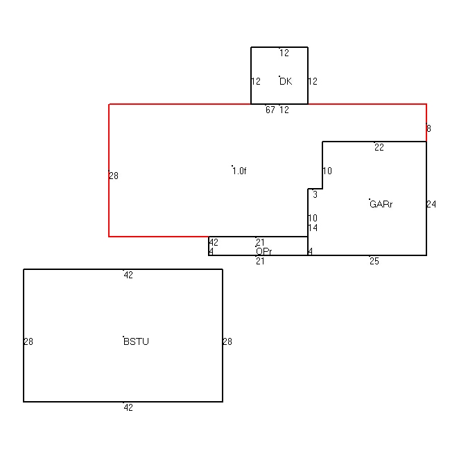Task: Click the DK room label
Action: (x=286, y=81)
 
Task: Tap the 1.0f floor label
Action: (x=239, y=171)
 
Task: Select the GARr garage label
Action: (x=381, y=204)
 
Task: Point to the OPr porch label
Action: (x=263, y=251)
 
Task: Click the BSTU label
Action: (x=136, y=341)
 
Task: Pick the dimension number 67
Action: (x=270, y=110)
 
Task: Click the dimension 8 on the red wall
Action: (x=429, y=128)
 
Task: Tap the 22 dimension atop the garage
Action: (x=379, y=147)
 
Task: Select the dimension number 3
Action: (x=315, y=194)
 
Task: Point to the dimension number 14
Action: (x=313, y=228)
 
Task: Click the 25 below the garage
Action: (x=374, y=261)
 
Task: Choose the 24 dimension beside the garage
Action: (x=431, y=204)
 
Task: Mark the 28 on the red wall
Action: (x=114, y=176)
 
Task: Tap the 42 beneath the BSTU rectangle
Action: (x=128, y=407)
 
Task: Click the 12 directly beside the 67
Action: (x=284, y=110)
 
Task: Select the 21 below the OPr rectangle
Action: (x=260, y=261)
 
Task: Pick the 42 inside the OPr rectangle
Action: (x=214, y=242)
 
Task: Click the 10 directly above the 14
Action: (x=313, y=218)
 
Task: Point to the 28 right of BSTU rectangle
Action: (x=227, y=341)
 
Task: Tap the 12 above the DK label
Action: (x=284, y=53)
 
